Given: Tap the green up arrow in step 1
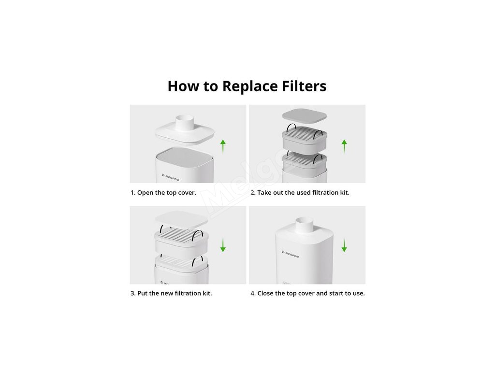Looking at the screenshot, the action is pyautogui.click(x=223, y=146).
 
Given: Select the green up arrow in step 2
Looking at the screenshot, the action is pyautogui.click(x=344, y=146).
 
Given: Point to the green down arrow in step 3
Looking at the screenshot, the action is pyautogui.click(x=223, y=245).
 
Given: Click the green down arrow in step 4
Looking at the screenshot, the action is pyautogui.click(x=344, y=245).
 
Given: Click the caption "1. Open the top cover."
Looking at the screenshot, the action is pyautogui.click(x=163, y=193).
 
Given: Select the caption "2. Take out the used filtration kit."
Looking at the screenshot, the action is pyautogui.click(x=300, y=192).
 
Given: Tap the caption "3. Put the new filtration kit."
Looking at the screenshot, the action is pyautogui.click(x=171, y=293).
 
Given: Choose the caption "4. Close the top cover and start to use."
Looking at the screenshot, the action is pyautogui.click(x=307, y=293).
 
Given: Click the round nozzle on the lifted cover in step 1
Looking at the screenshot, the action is pyautogui.click(x=185, y=123).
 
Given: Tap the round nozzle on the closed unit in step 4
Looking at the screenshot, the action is pyautogui.click(x=305, y=225).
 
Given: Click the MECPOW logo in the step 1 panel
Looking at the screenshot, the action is pyautogui.click(x=171, y=177).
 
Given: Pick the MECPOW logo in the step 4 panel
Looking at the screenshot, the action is pyautogui.click(x=290, y=254).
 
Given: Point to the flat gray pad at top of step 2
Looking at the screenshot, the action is pyautogui.click(x=305, y=115).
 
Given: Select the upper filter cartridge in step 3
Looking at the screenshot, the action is pyautogui.click(x=181, y=238).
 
